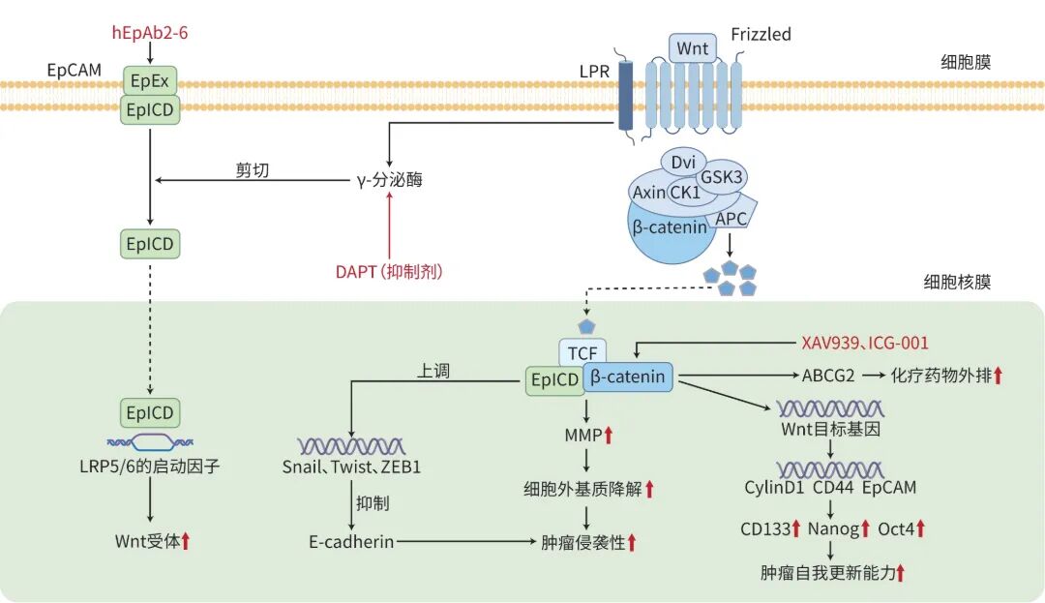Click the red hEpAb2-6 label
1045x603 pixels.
[x=150, y=33]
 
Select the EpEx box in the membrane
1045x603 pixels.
[x=150, y=80]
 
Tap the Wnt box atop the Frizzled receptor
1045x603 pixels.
[x=693, y=48]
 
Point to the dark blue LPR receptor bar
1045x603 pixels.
[x=625, y=95]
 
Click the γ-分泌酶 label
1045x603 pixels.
[x=390, y=180]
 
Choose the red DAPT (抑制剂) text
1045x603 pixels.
[x=389, y=271]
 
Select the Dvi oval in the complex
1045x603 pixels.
[x=683, y=162]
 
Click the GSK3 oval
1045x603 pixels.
[x=721, y=176]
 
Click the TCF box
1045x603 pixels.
[x=582, y=352]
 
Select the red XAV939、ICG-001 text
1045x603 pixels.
[x=864, y=344]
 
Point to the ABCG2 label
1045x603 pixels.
[x=827, y=376]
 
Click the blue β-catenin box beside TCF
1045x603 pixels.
[x=628, y=377]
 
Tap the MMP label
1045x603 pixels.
[x=583, y=436]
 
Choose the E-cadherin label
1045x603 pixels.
[x=351, y=542]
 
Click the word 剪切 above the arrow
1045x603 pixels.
[x=252, y=170]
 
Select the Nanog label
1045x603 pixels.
[x=833, y=529]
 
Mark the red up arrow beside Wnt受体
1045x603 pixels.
[x=186, y=541]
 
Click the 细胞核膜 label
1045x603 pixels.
[x=957, y=282]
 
